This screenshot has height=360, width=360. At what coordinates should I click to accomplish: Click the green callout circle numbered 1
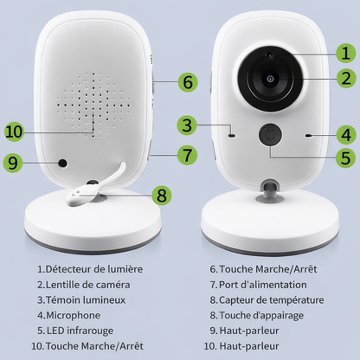(345, 51)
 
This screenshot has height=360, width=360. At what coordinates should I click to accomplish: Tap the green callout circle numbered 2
(345, 78)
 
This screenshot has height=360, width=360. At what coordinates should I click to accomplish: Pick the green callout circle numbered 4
(345, 135)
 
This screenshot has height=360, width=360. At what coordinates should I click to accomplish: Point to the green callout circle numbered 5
(345, 158)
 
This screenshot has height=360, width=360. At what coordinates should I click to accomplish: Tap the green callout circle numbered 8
(161, 195)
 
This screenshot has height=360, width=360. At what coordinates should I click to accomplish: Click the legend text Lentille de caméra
(84, 284)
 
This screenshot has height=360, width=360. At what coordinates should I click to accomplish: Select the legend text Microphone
(67, 315)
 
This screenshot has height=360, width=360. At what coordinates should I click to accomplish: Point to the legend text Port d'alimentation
(262, 284)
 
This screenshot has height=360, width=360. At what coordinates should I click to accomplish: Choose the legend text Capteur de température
(270, 299)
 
